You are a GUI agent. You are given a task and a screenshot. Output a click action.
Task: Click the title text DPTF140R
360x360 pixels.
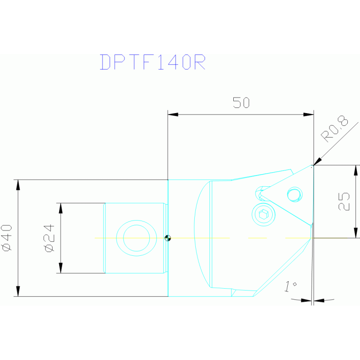tap(153, 62)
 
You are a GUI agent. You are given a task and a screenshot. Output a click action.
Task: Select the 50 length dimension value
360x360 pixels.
tap(241, 103)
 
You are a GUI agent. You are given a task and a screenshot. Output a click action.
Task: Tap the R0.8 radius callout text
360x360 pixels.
tap(335, 130)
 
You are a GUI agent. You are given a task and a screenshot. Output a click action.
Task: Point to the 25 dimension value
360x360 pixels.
tap(344, 201)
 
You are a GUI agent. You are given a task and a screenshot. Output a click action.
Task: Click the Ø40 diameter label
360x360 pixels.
tap(6, 238)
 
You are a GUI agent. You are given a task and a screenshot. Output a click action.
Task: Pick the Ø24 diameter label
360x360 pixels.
tap(49, 238)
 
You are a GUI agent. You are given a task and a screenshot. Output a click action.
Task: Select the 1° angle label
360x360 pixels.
tap(291, 286)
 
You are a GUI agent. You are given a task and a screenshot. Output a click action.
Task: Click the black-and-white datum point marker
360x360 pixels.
tap(168, 238)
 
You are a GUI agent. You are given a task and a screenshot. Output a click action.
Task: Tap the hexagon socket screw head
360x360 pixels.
tap(263, 214)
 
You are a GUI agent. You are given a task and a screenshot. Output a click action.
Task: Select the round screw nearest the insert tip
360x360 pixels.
tap(294, 194)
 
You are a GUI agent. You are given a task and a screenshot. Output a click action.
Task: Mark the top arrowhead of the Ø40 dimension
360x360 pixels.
tap(18, 184)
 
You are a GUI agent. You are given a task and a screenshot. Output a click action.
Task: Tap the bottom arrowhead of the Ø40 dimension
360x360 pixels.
tap(18, 291)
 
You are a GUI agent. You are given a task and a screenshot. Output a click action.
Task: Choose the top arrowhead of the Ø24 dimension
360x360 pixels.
tap(60, 208)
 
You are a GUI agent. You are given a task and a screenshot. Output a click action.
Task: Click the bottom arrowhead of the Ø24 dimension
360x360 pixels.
tap(60, 268)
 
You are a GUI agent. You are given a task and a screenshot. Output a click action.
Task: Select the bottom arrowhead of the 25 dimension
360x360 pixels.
tap(356, 233)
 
